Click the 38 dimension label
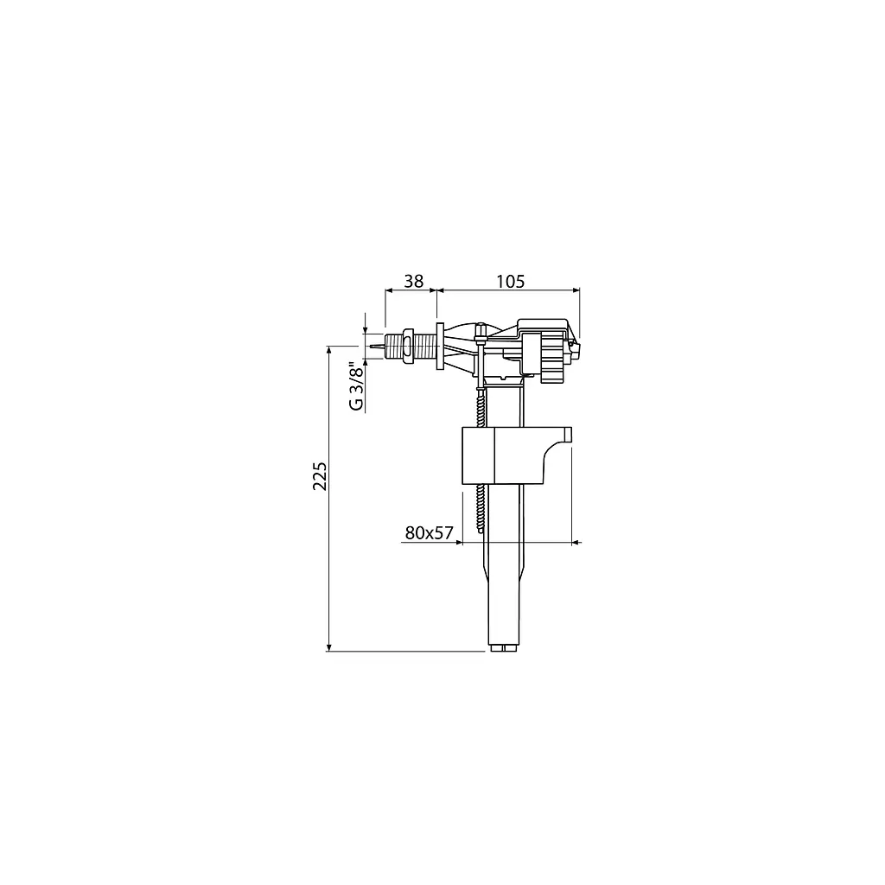(414, 281)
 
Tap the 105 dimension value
(510, 281)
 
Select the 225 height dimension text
(320, 476)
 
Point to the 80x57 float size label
(429, 532)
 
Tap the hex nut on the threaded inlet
(407, 345)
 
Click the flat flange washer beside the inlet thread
(440, 346)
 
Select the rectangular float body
(517, 455)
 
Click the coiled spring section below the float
(481, 508)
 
